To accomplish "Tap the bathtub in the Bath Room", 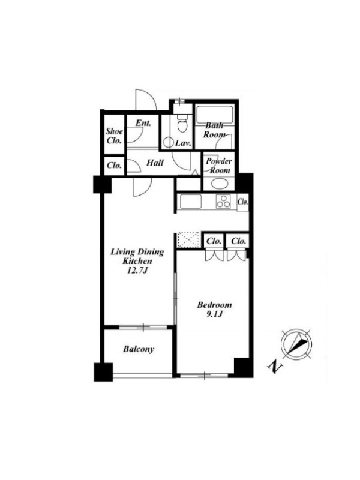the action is coord(214,115).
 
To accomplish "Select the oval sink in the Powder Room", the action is coord(219,184).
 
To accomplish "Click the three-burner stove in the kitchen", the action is coord(223,202).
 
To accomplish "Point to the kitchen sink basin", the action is coord(191,202).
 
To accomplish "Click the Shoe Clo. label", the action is coord(115,136).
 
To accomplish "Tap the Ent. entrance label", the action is coord(143,123).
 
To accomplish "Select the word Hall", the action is coord(155,163).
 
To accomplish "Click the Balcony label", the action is coord(139,349).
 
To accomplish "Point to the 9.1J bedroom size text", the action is coord(214,314).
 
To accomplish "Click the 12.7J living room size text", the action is coord(137,271).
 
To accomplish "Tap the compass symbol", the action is coord(296,344).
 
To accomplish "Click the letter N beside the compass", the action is coord(275,367).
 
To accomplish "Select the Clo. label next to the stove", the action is coord(243,202).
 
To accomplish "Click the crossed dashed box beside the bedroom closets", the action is coord(188,239).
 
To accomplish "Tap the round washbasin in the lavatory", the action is coord(168,142).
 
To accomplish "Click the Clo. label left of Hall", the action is coord(114,166).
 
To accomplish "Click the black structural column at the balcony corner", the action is coord(103,372).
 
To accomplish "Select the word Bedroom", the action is coord(214,305).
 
